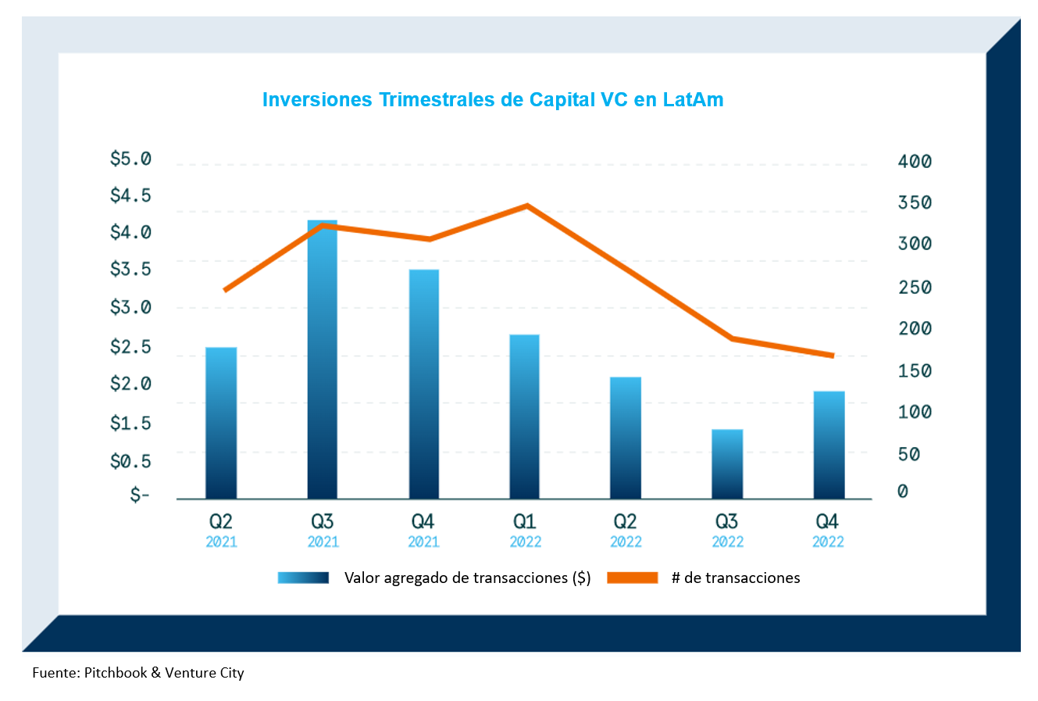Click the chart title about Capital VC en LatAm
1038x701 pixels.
point(492,100)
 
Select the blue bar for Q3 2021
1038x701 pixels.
point(322,359)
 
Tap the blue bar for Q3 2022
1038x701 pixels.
point(727,463)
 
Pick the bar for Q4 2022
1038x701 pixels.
point(829,445)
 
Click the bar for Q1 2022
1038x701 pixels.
point(525,417)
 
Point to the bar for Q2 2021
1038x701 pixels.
point(221,423)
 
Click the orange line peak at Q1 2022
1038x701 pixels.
point(527,206)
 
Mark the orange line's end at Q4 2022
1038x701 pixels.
point(833,356)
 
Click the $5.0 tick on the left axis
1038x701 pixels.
point(130,159)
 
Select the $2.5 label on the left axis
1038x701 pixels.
point(130,346)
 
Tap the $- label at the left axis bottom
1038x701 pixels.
point(139,495)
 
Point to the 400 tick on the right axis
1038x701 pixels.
point(915,162)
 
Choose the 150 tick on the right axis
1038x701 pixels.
point(915,371)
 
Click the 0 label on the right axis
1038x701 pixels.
point(903,492)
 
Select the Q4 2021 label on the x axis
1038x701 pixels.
point(423,530)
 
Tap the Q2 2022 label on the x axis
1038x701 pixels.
point(626,530)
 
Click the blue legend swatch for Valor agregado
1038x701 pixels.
point(303,578)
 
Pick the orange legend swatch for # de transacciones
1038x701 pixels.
point(633,578)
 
